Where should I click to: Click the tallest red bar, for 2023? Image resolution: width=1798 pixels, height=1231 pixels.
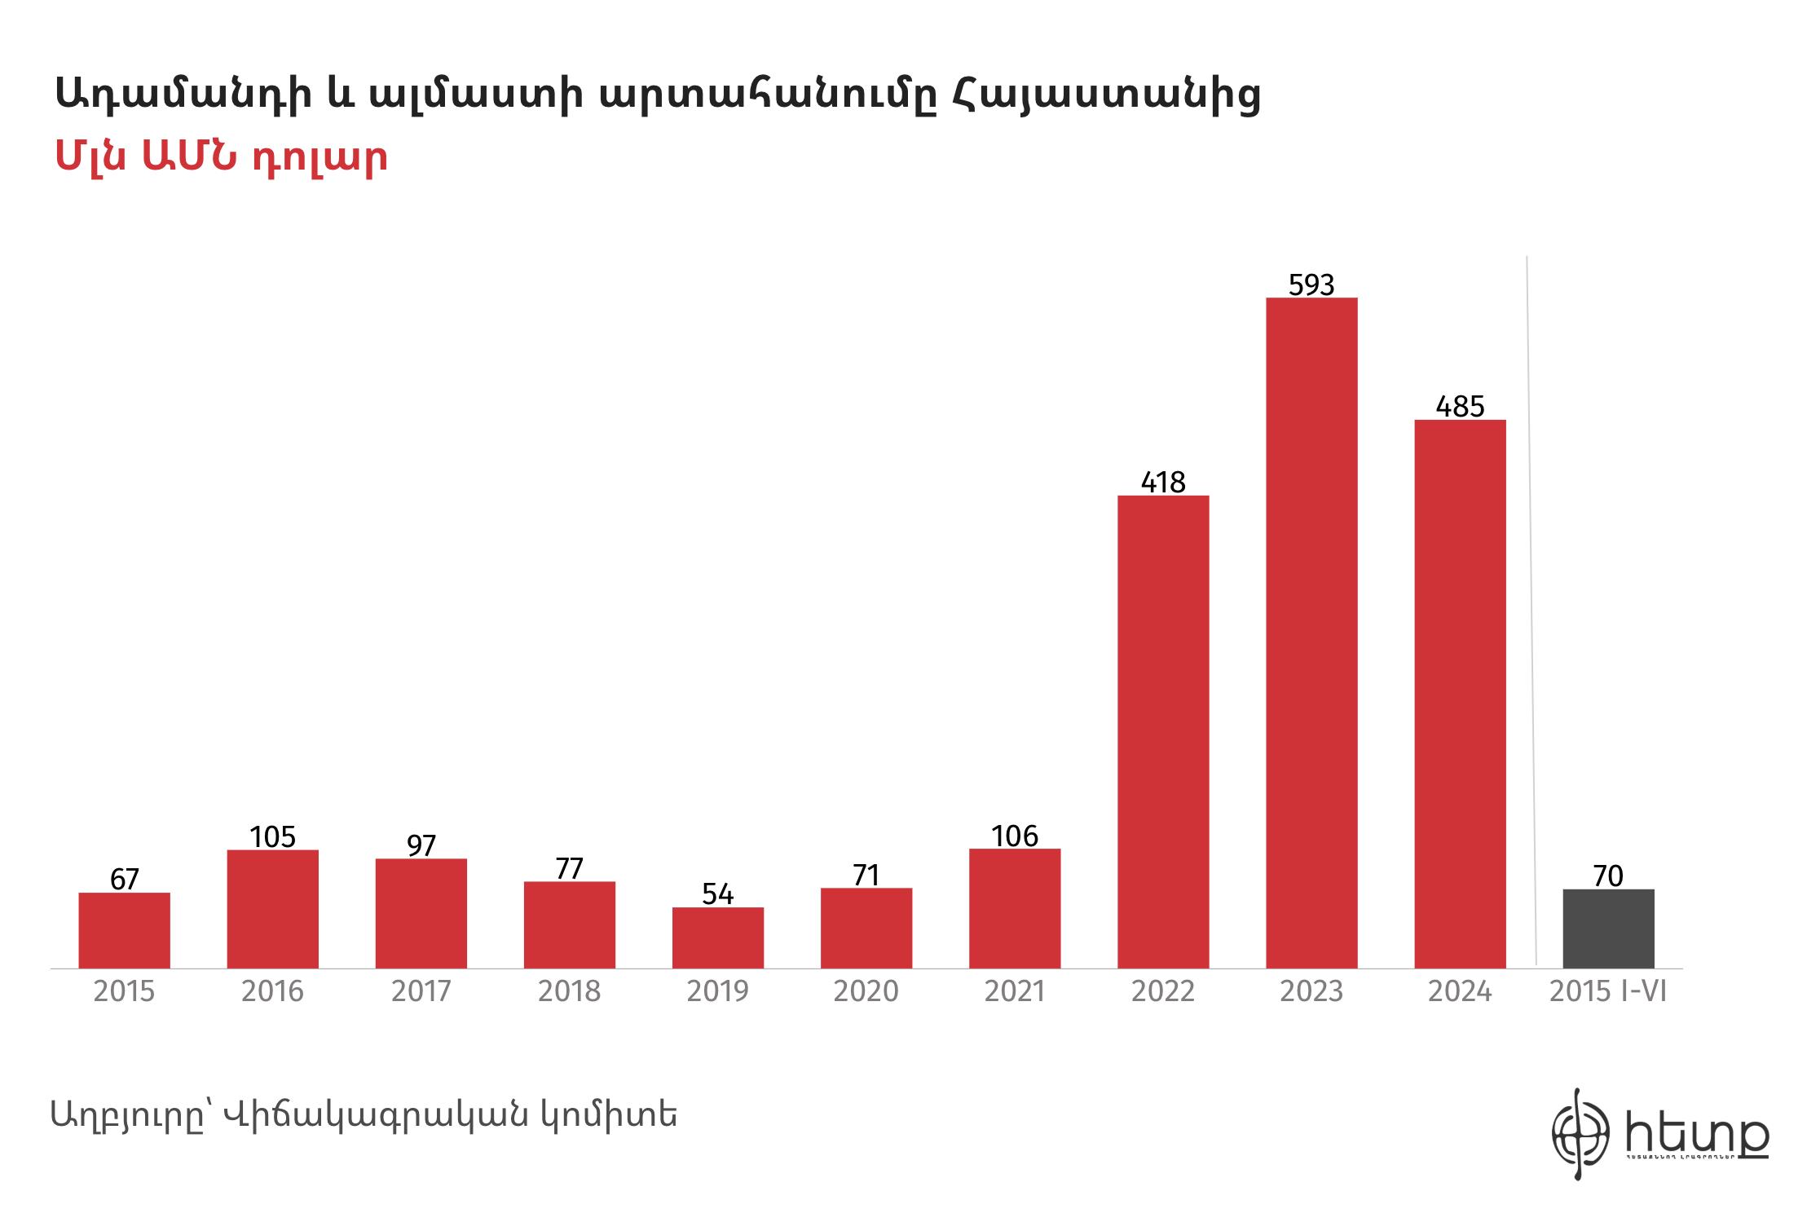(x=1311, y=633)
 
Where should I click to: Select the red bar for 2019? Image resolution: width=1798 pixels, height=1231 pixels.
(x=718, y=938)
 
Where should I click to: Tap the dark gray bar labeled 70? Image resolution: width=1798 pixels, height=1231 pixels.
(x=1608, y=929)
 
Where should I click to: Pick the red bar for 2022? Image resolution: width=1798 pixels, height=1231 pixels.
(x=1163, y=731)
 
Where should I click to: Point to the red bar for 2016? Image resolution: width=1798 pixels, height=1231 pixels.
(x=273, y=909)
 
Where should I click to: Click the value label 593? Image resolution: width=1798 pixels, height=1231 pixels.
(x=1311, y=285)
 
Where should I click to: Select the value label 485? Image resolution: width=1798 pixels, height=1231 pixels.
(x=1460, y=406)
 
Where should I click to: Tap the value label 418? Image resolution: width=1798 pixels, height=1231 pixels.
(x=1163, y=483)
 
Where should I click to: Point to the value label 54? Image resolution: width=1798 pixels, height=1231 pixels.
(x=718, y=894)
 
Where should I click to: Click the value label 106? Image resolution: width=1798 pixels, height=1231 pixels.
(x=1015, y=836)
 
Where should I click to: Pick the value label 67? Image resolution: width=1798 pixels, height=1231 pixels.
(x=125, y=880)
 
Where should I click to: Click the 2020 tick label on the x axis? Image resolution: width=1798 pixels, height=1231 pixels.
(x=866, y=991)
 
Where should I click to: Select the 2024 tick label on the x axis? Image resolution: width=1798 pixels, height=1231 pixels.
(x=1460, y=991)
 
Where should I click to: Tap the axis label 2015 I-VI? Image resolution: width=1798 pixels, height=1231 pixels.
(x=1608, y=991)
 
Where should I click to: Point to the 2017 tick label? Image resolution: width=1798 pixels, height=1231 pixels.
(x=421, y=991)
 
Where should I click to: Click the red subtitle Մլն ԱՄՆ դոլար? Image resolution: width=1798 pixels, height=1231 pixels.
(x=221, y=157)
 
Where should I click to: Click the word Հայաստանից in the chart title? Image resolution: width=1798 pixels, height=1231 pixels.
(x=1105, y=96)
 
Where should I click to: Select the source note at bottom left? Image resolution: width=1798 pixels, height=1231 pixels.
(x=364, y=1114)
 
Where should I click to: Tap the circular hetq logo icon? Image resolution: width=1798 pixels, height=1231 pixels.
(x=1580, y=1134)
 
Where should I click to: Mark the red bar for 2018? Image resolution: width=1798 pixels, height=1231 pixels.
(x=570, y=924)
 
